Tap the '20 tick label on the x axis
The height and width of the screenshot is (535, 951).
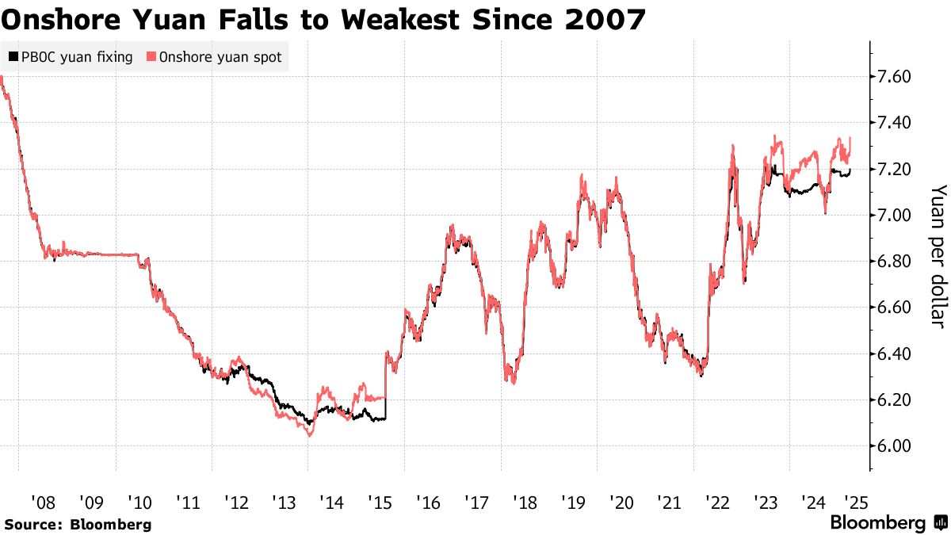pos(621,502)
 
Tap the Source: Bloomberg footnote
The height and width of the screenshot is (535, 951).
pos(78,524)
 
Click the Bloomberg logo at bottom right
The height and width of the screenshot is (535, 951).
pos(888,523)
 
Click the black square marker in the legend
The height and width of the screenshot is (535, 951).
pos(12,57)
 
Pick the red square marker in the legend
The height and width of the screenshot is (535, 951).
pos(151,57)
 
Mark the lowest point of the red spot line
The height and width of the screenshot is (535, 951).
pos(310,435)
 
